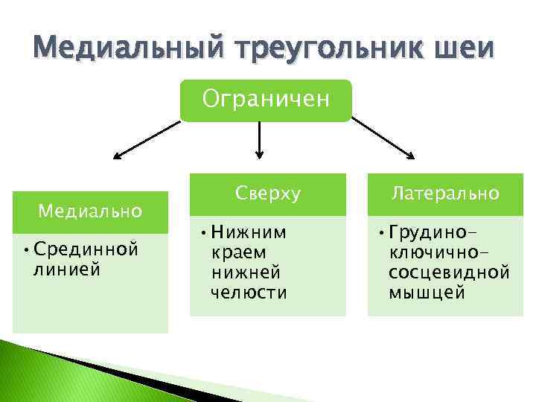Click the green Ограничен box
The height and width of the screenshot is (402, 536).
tap(264, 100)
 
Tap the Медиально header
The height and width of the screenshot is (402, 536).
tap(90, 211)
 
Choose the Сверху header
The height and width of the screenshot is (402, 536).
tap(268, 194)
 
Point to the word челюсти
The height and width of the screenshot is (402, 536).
tap(249, 293)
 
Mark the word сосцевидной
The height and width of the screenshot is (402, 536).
tap(449, 272)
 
